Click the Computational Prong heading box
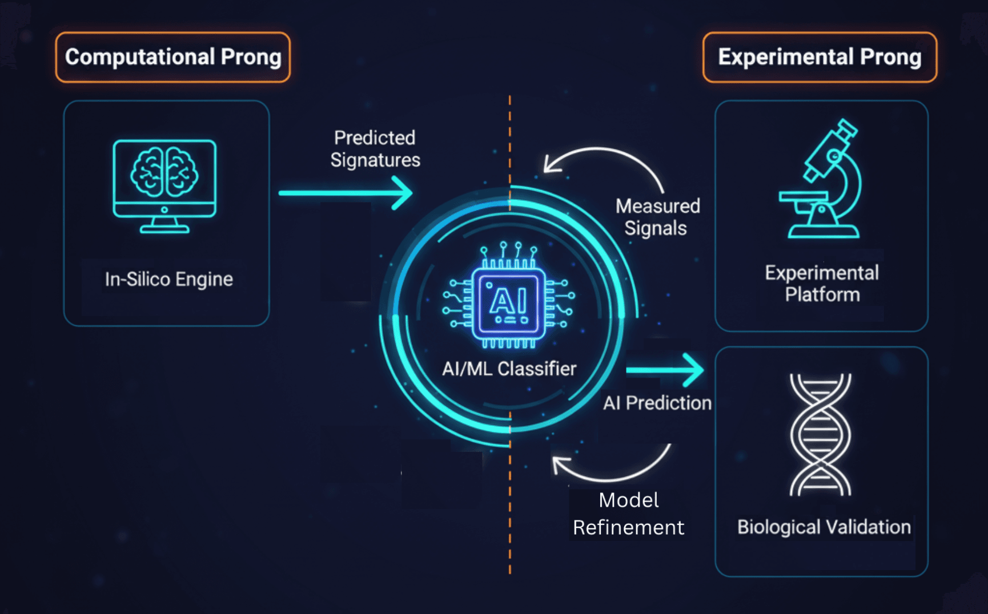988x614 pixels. (172, 57)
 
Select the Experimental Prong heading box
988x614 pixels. (820, 57)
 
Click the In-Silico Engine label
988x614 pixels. (168, 279)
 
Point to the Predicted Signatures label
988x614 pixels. (375, 149)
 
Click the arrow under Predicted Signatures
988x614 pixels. (346, 193)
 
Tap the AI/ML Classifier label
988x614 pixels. (509, 369)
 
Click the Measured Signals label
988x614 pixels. (657, 217)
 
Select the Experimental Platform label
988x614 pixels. (822, 284)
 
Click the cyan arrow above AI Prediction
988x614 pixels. (665, 370)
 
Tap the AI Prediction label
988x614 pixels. (657, 403)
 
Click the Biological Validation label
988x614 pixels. (824, 527)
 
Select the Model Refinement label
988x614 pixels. (628, 514)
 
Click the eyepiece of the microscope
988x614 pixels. (844, 129)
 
